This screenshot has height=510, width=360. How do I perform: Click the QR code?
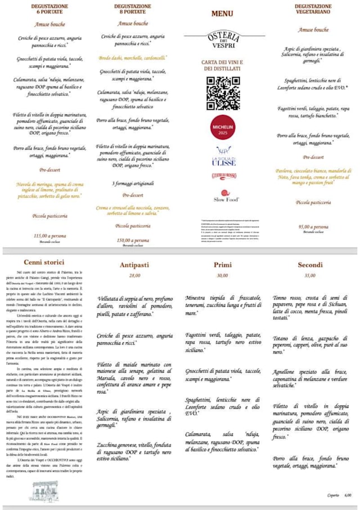coord(223,93)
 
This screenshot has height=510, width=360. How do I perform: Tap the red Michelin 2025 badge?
coord(223,128)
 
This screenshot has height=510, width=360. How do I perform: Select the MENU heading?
coord(223,14)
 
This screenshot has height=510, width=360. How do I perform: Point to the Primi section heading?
coord(222,265)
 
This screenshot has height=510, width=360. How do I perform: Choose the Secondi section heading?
coord(310,265)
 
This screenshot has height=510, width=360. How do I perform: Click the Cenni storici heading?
coord(44,262)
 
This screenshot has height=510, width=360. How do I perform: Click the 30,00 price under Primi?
coord(222,276)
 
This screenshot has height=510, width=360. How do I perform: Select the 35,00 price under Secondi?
coord(310,276)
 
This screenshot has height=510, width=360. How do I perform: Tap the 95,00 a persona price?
coord(313,226)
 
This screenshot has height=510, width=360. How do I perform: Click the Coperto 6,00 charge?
coord(339,495)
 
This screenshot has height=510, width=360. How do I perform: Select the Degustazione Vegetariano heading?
coord(313,9)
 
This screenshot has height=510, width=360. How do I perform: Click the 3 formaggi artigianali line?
coord(133,183)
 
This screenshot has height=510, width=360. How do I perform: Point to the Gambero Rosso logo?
coord(223,176)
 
